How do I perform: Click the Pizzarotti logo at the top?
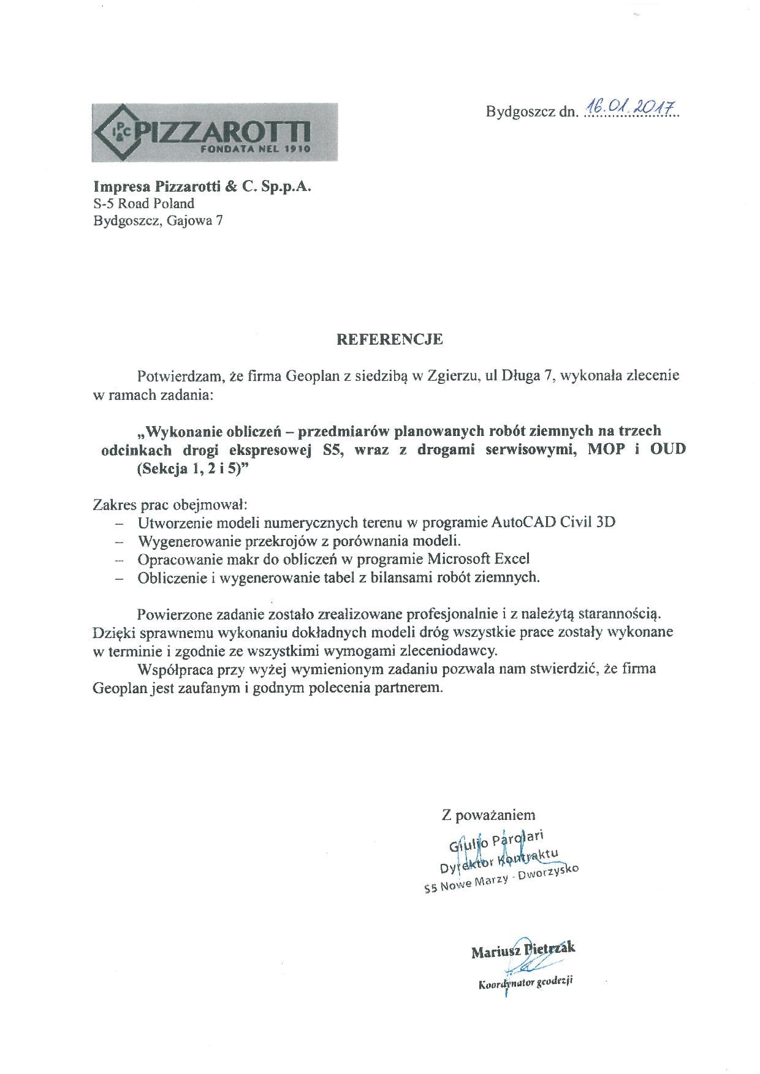coord(214,133)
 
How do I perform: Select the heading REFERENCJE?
coord(389,339)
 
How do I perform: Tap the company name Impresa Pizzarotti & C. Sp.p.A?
coord(202,186)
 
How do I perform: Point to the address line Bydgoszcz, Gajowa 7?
coord(158,220)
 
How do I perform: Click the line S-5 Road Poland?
coord(143,203)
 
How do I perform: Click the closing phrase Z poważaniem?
coord(488,815)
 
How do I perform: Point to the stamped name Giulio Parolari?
coord(496,841)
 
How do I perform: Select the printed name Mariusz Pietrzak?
coord(523,950)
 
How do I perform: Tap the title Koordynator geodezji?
coord(525,983)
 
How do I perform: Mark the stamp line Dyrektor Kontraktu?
coord(499,860)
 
